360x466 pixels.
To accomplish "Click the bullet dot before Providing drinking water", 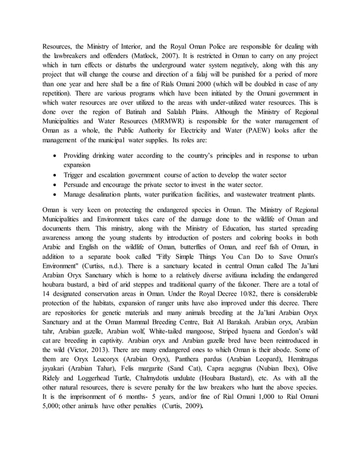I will tap(52, 156).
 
